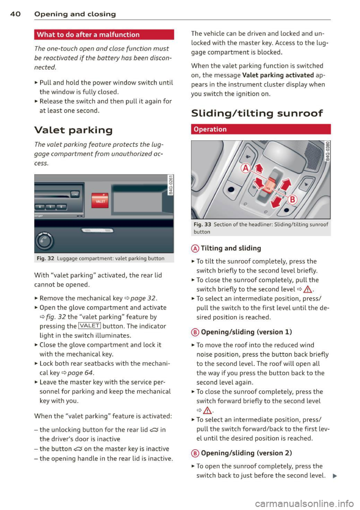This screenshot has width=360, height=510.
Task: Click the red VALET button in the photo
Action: click(100, 200)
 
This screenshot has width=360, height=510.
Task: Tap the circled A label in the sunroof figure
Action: click(246, 168)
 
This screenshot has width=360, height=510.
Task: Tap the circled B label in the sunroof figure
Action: click(292, 199)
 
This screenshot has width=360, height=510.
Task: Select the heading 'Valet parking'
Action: click(73, 130)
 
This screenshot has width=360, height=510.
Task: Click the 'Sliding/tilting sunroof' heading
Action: click(257, 113)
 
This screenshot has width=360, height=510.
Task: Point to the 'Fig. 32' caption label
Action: click(45, 259)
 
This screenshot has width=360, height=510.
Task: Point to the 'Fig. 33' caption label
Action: click(202, 224)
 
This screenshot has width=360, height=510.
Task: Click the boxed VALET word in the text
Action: click(89, 326)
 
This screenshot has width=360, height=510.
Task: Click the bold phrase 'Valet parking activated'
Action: click(278, 75)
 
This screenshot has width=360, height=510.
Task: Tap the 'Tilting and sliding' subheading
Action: click(231, 248)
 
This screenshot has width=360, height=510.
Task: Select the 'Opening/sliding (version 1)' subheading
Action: click(246, 332)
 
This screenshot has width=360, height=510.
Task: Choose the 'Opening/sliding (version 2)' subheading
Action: click(246, 453)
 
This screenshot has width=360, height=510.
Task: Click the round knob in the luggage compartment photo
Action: click(44, 241)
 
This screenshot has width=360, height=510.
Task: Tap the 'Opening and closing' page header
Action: click(75, 14)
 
